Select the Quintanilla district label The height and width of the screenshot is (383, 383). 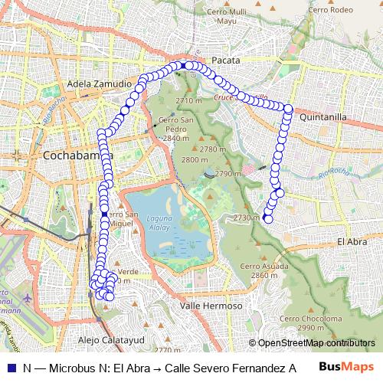coord(324,117)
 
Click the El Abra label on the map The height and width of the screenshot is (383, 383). coord(352,241)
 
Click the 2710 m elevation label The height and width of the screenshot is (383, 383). coord(188,100)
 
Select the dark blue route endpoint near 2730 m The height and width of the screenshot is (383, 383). coord(267,218)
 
